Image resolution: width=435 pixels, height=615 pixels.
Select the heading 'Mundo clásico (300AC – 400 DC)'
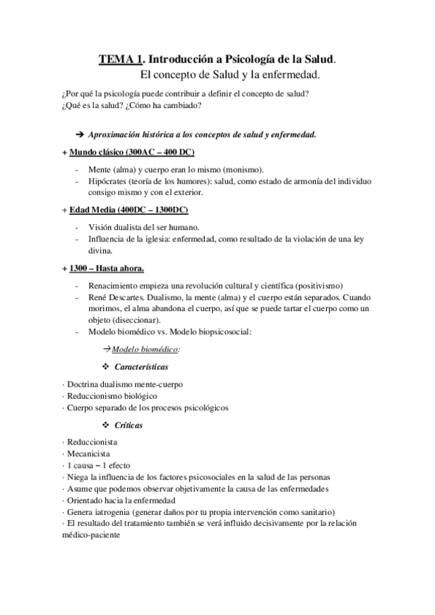[x=132, y=152]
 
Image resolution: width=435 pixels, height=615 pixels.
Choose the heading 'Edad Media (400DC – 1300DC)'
[x=129, y=210]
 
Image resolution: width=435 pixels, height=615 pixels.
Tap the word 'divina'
[x=99, y=251]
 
